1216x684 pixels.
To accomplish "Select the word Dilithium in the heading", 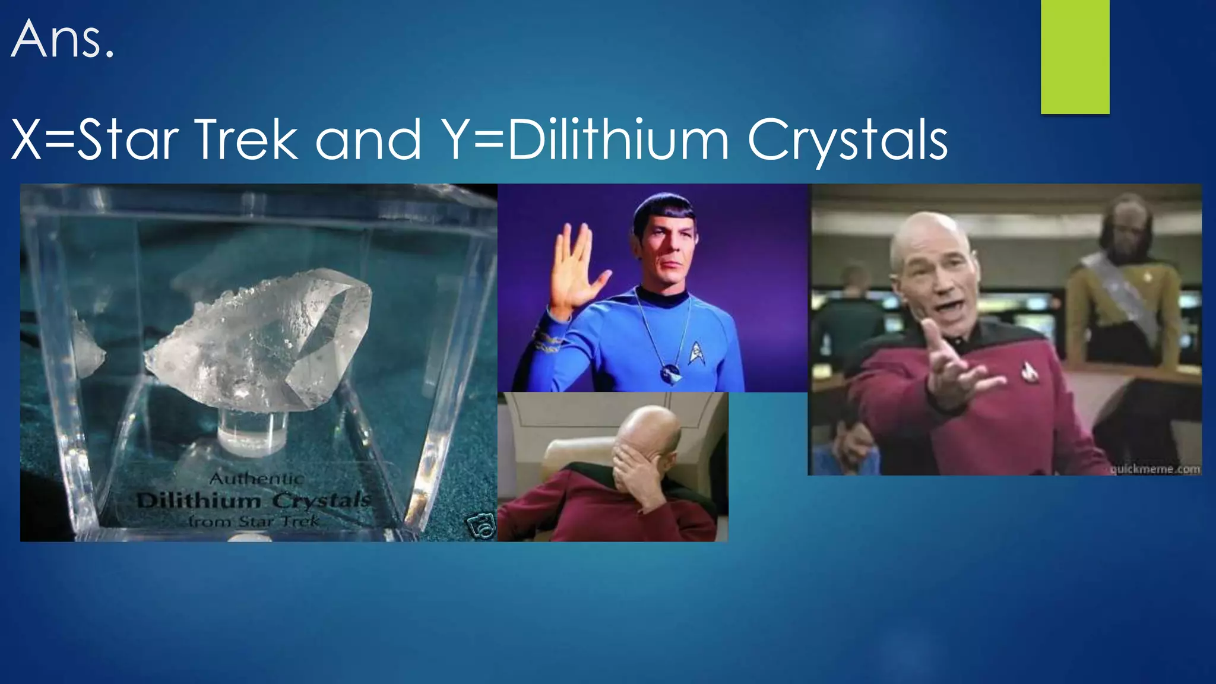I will point(617,140).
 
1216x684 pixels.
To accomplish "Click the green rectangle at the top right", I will point(1075,56).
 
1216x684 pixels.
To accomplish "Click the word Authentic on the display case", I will point(256,479).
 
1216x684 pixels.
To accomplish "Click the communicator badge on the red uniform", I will point(1028,371).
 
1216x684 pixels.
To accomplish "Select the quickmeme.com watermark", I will point(1155,469).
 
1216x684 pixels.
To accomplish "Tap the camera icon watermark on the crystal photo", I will point(480,526).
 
